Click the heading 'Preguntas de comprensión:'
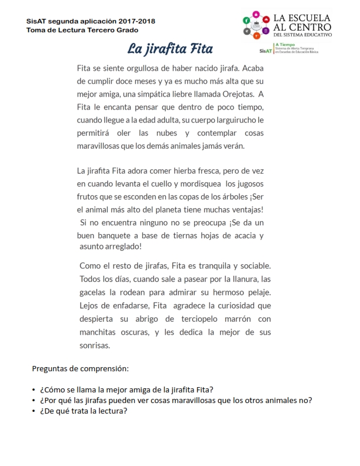pos(79,369)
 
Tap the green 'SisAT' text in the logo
pos(265,51)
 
